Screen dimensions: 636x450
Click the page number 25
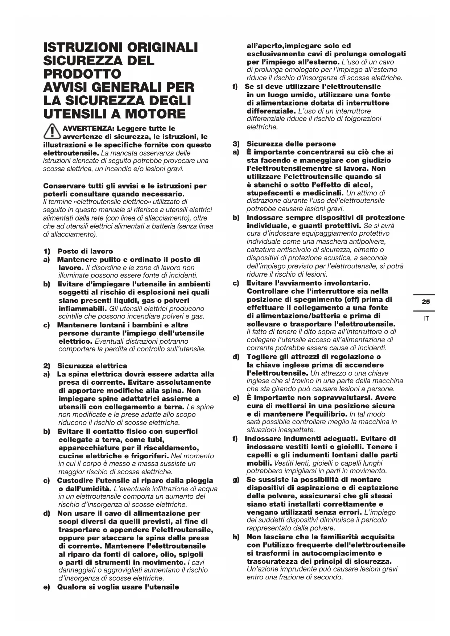pos(426,302)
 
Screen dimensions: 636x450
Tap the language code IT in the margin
pos(426,318)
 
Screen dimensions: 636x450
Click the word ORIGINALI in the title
pos(162,47)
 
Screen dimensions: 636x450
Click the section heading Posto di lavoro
pos(85,251)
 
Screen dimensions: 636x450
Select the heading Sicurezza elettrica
pos(92,366)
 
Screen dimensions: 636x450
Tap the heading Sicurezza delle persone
pos(291,144)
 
